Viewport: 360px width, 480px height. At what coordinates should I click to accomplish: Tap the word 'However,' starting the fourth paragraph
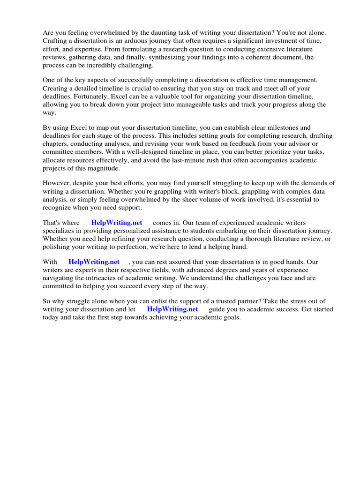click(x=56, y=183)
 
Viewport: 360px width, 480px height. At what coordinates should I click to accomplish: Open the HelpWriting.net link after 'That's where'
click(x=117, y=223)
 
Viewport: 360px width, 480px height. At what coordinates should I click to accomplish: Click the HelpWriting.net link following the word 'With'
click(x=94, y=262)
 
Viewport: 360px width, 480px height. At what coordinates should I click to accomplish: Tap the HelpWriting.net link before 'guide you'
click(x=172, y=309)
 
